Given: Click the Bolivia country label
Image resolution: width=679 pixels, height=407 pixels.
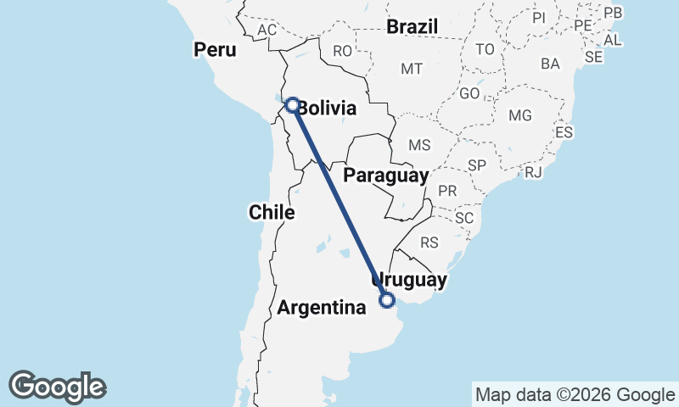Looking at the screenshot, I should click(x=328, y=109).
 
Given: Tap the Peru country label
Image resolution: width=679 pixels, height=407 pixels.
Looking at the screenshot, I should click(x=214, y=50).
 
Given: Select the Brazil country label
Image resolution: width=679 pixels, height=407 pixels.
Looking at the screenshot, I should click(x=412, y=27).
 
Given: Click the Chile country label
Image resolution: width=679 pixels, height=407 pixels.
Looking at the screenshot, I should click(x=272, y=212).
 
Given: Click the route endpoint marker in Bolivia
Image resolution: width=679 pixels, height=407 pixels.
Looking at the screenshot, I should click(x=292, y=105).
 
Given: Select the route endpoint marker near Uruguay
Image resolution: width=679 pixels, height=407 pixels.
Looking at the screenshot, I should click(x=387, y=299).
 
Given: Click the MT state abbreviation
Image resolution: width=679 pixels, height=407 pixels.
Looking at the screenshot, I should click(x=412, y=69).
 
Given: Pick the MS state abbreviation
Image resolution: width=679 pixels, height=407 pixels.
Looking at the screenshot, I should click(x=419, y=145).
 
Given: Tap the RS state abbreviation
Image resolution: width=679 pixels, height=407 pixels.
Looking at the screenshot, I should click(x=429, y=243).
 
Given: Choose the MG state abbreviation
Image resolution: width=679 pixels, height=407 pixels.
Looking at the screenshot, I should click(x=519, y=115).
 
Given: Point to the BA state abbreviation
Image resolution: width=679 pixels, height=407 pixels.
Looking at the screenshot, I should click(x=550, y=64).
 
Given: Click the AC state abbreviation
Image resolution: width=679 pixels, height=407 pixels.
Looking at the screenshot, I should click(x=267, y=31).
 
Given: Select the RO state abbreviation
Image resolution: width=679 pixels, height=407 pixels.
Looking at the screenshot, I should click(x=342, y=52).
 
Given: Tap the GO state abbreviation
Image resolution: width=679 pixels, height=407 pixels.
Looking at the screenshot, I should click(x=469, y=94).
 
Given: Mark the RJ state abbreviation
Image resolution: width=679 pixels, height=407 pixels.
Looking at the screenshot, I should click(x=533, y=172).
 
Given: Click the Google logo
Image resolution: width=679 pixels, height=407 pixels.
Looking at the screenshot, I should click(x=57, y=387).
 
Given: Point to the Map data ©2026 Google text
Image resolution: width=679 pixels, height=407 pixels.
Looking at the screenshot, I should click(x=574, y=394).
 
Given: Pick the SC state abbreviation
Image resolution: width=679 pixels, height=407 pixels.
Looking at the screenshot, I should click(x=463, y=218).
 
